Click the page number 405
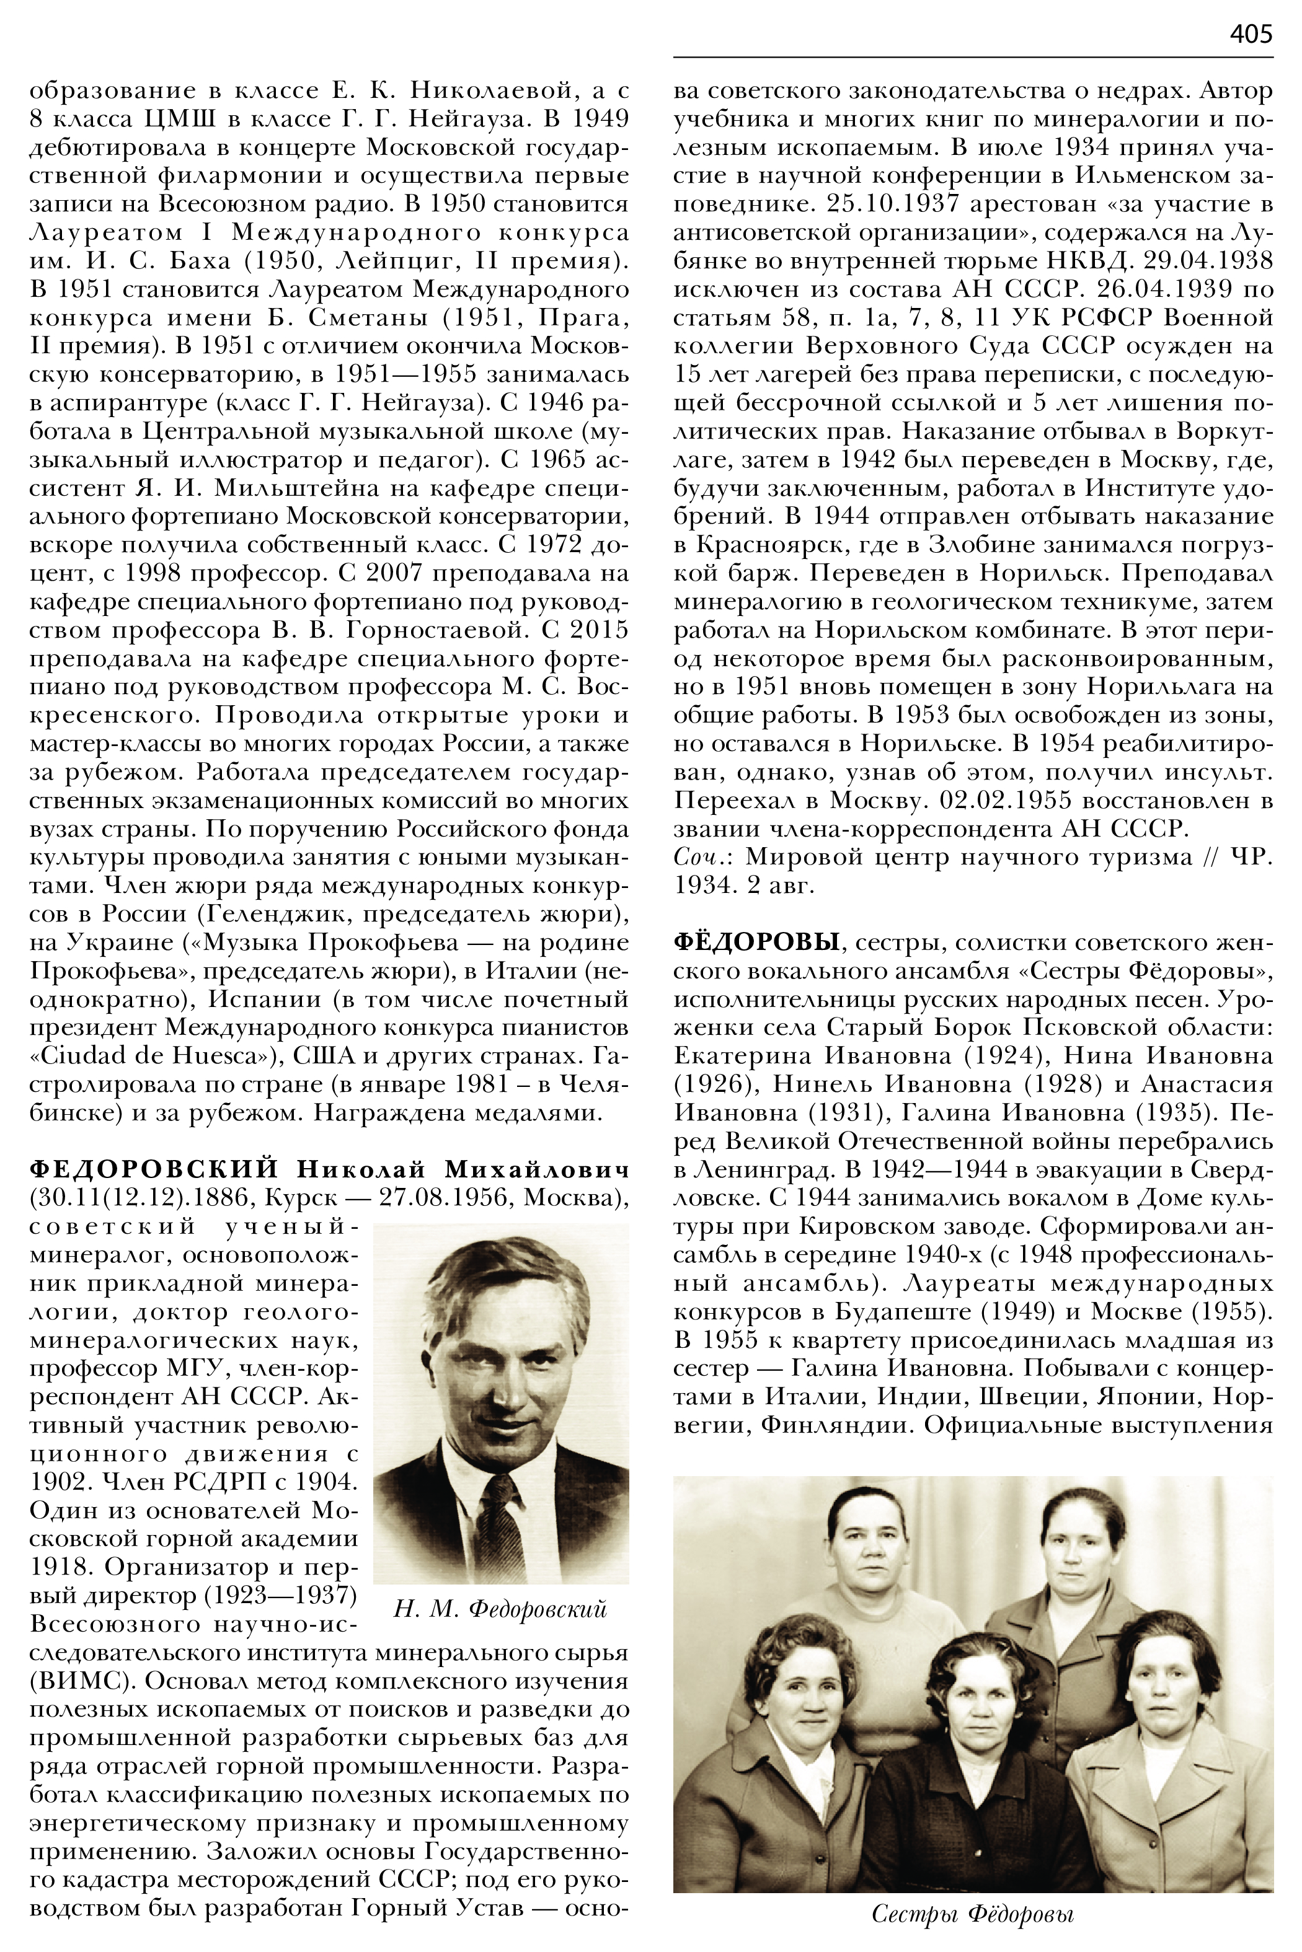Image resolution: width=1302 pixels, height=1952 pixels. [1251, 33]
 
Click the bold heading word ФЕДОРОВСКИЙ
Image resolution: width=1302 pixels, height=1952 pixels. [154, 1170]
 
